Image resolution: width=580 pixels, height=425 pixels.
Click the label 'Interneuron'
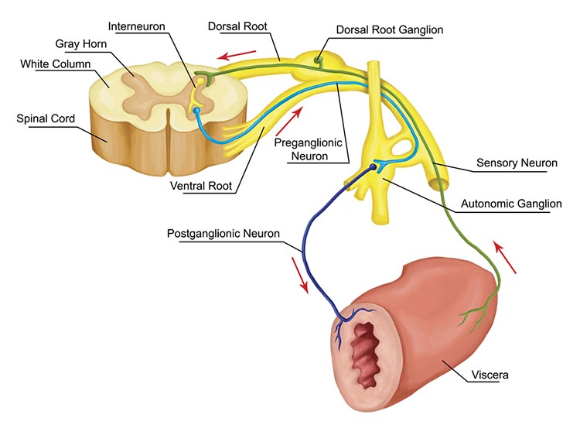point(136,26)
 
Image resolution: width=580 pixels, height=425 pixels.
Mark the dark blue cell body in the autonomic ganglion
point(374,166)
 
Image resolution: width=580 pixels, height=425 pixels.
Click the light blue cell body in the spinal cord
point(196,111)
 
